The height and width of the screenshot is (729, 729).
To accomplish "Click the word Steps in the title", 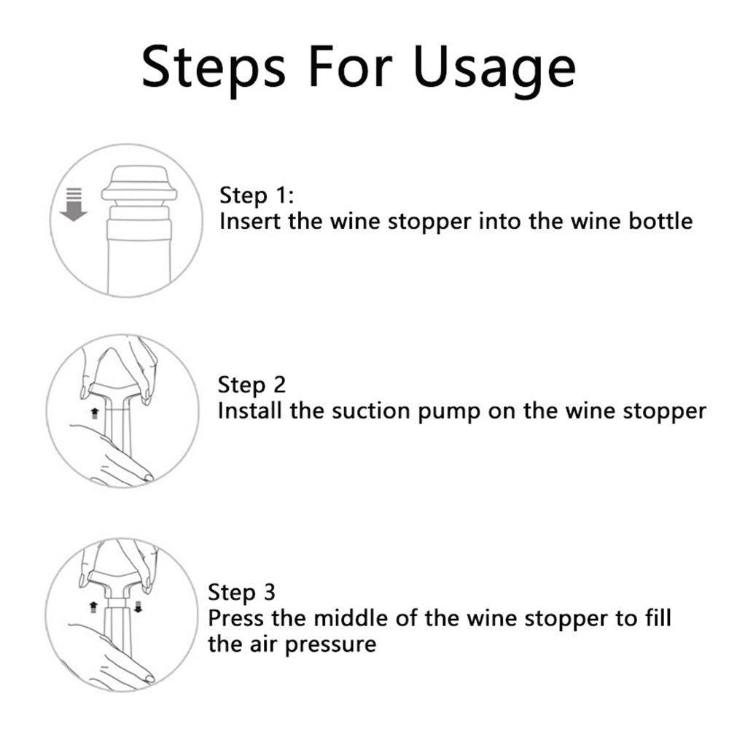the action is pos(214,67).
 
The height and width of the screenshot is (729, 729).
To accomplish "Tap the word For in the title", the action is pos(350,66).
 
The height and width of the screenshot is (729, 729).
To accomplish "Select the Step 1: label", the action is pos(257,195).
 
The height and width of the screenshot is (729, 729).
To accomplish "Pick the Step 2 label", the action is pos(252,385).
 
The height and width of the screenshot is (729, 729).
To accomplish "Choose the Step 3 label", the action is pos(242,593).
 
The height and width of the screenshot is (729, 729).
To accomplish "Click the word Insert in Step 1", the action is pos(249,221).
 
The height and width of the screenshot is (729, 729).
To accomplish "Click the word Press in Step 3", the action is pos(236,619).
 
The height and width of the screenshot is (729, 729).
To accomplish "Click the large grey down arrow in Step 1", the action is pos(74,204).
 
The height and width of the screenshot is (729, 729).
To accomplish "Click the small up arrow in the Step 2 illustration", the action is pos(95,413).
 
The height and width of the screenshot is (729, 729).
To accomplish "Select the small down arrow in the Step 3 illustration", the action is pos(138,607).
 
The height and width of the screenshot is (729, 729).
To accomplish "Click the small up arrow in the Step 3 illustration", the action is pos(93,607).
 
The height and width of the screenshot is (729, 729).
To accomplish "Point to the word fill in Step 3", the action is pos(658,618).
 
